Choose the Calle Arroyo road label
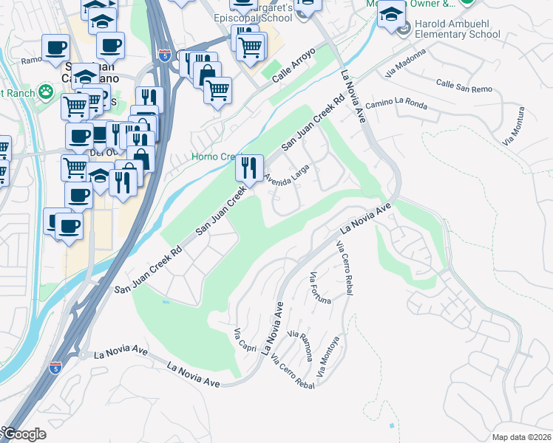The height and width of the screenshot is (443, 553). [x=294, y=64]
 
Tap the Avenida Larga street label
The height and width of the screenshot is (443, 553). [x=286, y=176]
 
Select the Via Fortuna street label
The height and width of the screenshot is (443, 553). [x=320, y=288]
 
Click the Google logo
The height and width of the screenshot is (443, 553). [x=24, y=435]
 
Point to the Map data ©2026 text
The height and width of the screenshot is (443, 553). [x=522, y=437]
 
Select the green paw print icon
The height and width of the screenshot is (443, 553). [x=47, y=92]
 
